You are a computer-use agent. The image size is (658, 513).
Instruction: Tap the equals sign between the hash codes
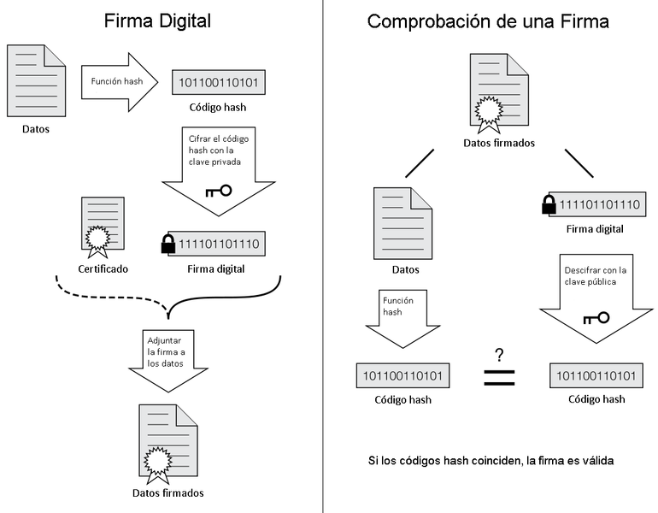click(499, 377)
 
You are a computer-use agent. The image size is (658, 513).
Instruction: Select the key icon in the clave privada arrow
click(219, 191)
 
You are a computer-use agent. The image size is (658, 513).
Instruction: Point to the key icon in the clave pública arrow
click(596, 319)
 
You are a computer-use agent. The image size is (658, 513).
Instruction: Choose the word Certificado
click(103, 268)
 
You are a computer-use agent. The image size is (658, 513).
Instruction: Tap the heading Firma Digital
click(158, 21)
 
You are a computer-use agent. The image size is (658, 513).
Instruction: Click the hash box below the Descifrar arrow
click(596, 375)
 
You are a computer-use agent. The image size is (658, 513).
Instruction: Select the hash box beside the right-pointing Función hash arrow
click(220, 83)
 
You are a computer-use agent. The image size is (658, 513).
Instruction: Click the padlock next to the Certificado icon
click(168, 245)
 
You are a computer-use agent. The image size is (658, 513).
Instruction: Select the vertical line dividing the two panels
click(323, 256)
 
